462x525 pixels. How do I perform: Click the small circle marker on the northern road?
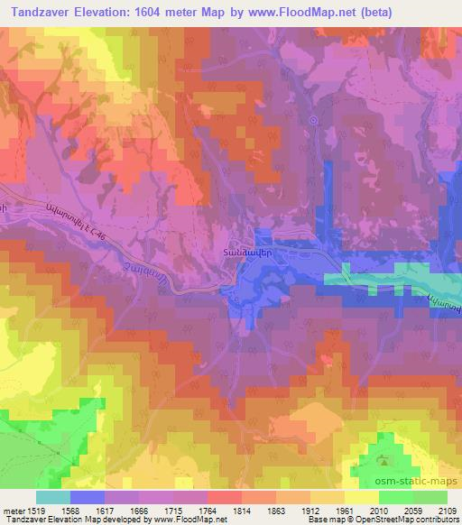coord(313,119)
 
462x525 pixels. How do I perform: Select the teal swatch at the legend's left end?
coord(53,497)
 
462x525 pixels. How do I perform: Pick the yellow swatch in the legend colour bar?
coord(361,497)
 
